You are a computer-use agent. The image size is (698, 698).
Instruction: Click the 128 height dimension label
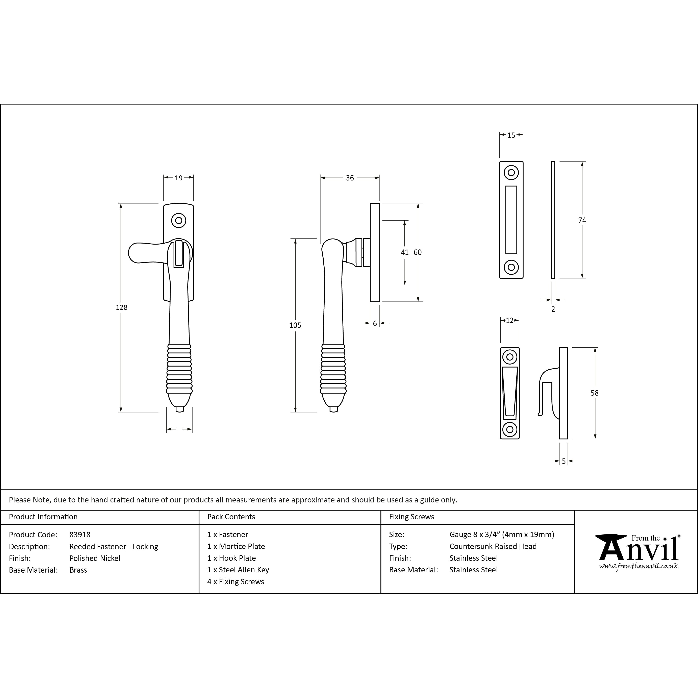(121, 307)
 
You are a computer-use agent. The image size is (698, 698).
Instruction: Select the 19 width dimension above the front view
(178, 178)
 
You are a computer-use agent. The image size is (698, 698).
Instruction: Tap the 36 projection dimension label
(350, 178)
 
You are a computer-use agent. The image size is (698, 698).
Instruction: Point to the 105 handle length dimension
(295, 325)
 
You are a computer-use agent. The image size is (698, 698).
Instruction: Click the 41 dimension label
(405, 252)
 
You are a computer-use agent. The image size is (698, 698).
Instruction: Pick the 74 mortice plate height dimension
(582, 220)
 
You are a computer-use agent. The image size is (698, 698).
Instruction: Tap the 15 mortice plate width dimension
(511, 135)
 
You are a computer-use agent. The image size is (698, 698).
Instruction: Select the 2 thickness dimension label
(553, 309)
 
